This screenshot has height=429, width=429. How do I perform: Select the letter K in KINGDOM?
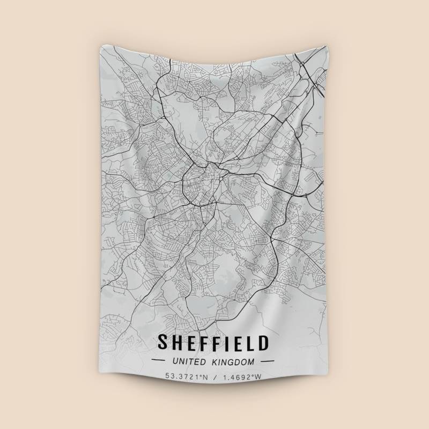(x=217, y=362)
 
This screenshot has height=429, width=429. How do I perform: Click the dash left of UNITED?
(x=161, y=362)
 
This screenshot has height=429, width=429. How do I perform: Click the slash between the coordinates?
(x=214, y=377)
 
